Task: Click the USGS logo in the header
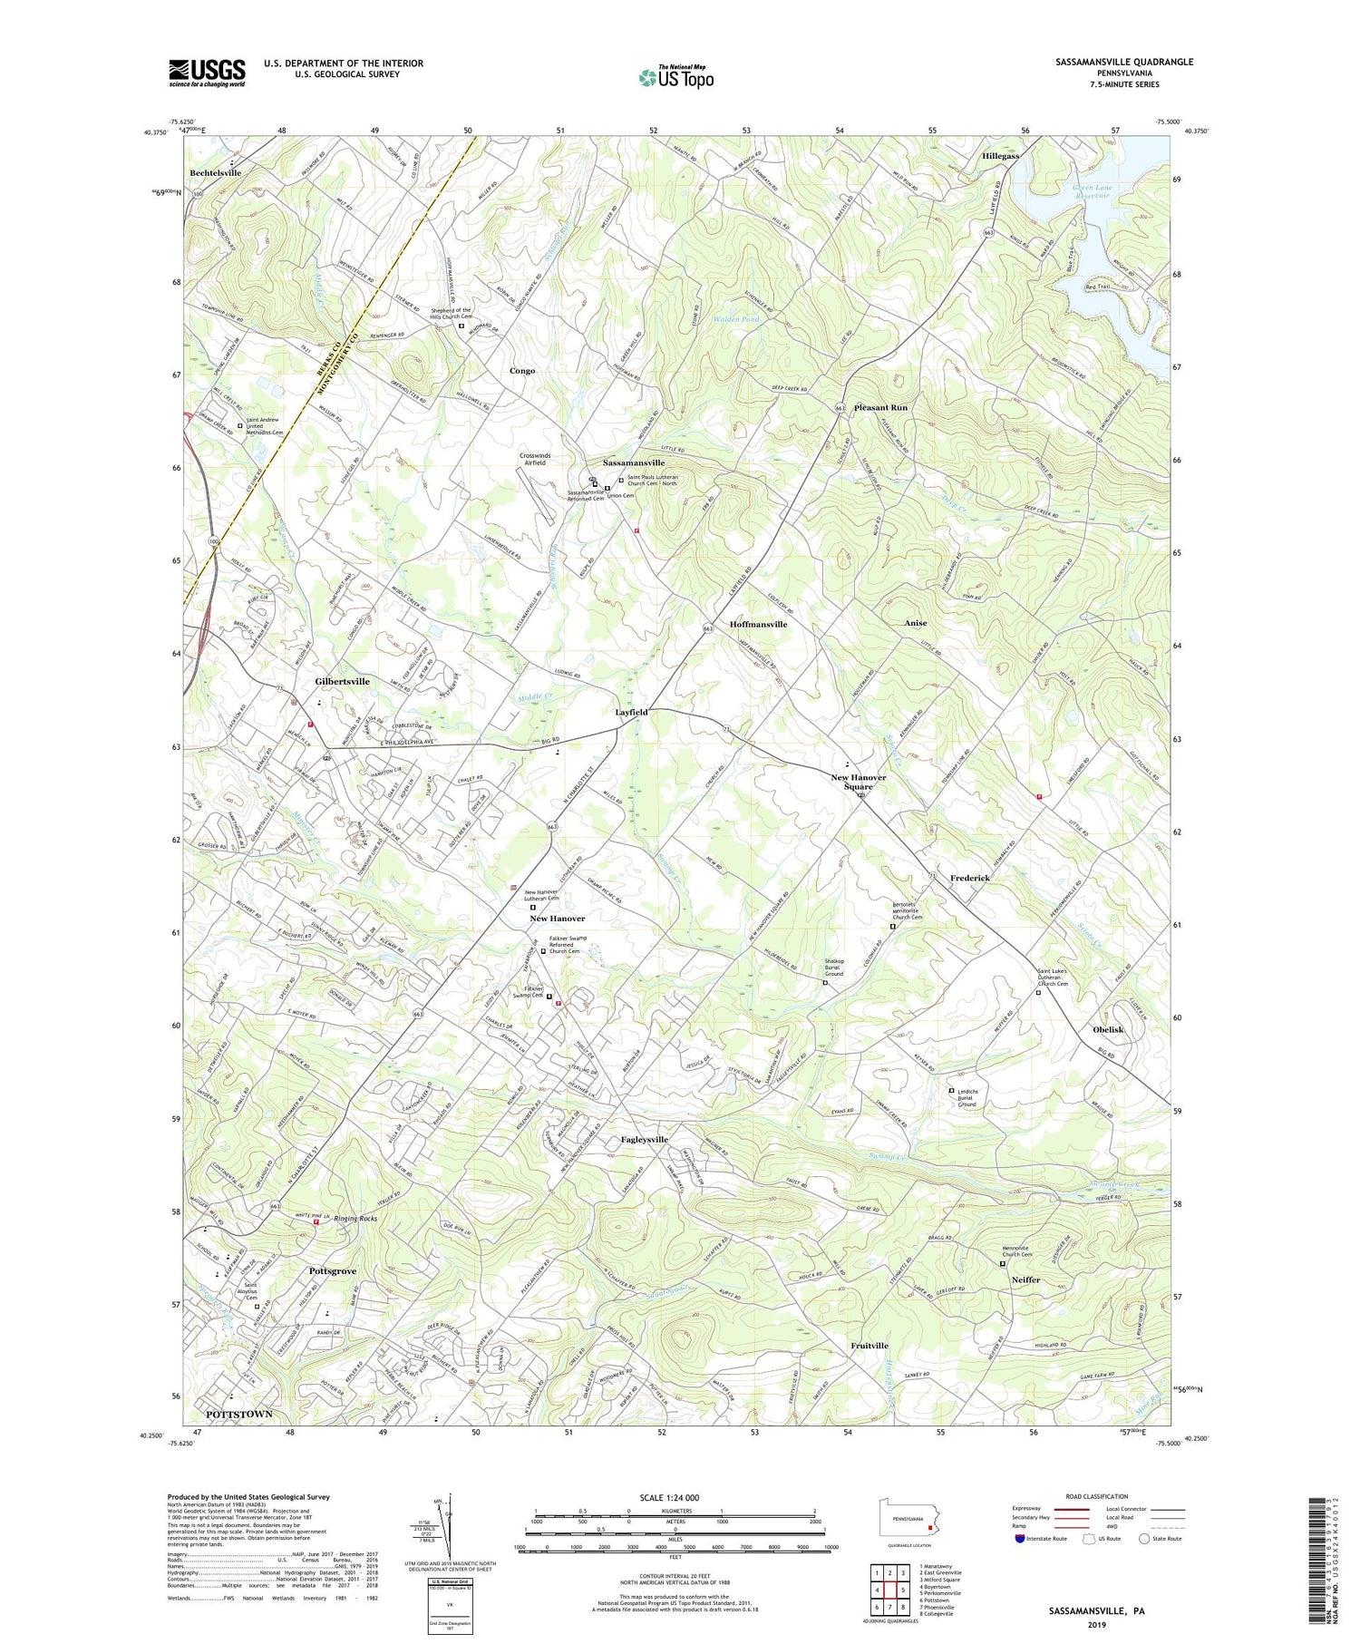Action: pyautogui.click(x=207, y=73)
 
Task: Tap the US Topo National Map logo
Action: pyautogui.click(x=675, y=77)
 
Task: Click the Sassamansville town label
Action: pyautogui.click(x=640, y=462)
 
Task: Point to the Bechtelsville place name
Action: pyautogui.click(x=216, y=172)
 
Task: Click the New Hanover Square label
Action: pyautogui.click(x=858, y=782)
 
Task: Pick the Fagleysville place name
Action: pyautogui.click(x=645, y=1139)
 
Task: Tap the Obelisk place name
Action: pyautogui.click(x=1108, y=1029)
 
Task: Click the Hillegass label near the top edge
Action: pyautogui.click(x=1001, y=156)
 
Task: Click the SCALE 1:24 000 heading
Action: pyautogui.click(x=675, y=1497)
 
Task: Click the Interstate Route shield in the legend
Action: pyautogui.click(x=1021, y=1538)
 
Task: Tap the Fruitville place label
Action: pyautogui.click(x=869, y=1346)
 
